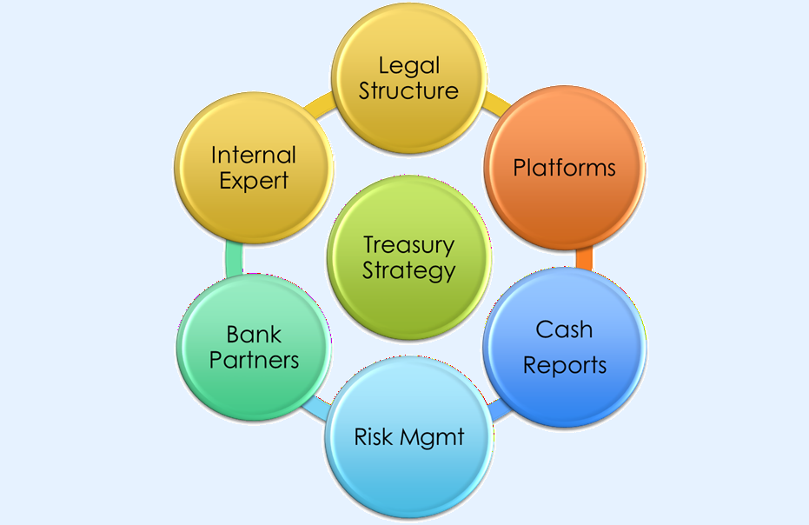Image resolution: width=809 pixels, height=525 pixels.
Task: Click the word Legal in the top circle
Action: click(408, 66)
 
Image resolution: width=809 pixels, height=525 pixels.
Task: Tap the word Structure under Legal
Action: click(408, 90)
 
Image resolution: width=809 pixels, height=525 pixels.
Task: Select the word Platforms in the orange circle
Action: click(564, 167)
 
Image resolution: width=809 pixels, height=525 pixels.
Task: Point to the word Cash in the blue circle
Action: click(564, 329)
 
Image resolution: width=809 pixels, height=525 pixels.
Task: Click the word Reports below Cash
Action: click(564, 364)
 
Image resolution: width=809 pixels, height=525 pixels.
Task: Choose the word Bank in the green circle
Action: click(254, 334)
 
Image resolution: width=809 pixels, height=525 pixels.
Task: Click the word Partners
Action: click(254, 359)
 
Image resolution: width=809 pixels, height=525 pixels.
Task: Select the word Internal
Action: click(254, 156)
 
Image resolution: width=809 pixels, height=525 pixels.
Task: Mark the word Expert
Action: click(254, 182)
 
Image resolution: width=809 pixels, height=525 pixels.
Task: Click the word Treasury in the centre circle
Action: click(408, 245)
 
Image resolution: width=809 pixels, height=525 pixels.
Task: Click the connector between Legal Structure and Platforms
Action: click(497, 103)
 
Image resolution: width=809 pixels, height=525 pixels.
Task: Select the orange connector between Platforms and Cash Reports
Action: click(585, 258)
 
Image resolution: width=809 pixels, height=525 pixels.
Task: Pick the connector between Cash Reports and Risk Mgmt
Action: click(497, 410)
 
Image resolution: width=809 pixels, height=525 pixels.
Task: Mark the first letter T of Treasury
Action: click(368, 245)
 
